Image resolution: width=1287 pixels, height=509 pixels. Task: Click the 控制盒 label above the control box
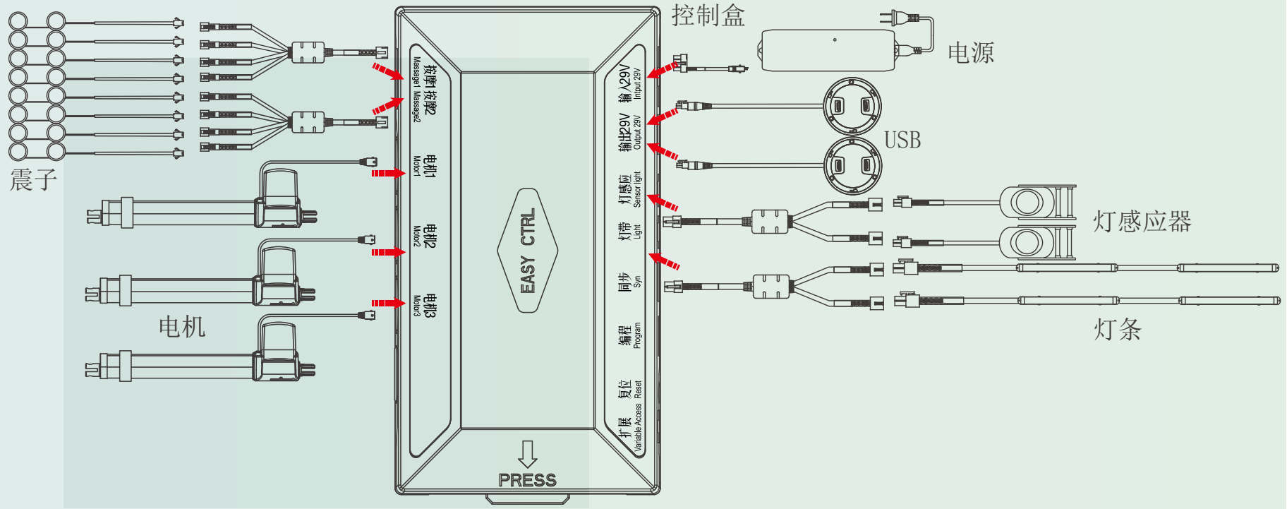[708, 16]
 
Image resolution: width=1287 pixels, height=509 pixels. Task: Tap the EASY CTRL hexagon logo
[528, 251]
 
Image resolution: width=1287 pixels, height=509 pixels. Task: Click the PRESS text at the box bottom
[527, 480]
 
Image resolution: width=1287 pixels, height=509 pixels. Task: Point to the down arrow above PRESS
[527, 454]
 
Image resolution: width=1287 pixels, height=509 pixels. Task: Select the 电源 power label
[971, 53]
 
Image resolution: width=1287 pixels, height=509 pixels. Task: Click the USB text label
[902, 140]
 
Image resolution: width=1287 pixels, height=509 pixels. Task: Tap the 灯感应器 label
[1142, 222]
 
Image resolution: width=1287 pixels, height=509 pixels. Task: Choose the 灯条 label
[1118, 329]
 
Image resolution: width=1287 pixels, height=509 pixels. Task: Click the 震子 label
[33, 179]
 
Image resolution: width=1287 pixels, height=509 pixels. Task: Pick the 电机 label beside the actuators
[181, 326]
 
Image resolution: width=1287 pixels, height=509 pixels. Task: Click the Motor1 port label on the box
[424, 167]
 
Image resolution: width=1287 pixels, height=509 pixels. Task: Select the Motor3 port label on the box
[424, 306]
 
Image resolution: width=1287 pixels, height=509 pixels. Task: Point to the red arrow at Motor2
[387, 252]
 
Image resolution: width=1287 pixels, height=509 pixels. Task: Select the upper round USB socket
[852, 107]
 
